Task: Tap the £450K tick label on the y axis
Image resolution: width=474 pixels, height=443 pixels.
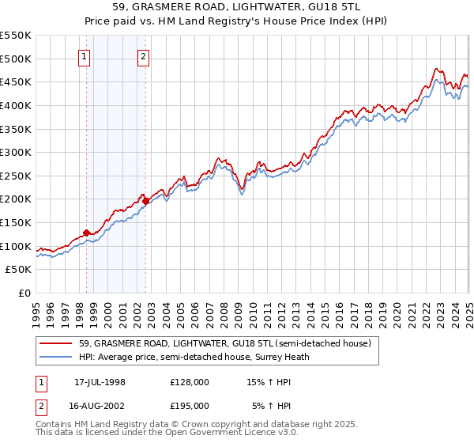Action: click(16, 82)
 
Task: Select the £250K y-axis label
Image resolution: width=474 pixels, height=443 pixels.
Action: click(16, 176)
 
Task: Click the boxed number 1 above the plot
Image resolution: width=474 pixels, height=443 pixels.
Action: click(85, 56)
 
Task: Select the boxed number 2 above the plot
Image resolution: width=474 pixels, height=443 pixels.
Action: click(143, 56)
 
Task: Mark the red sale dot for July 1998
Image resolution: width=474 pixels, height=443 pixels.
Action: click(87, 233)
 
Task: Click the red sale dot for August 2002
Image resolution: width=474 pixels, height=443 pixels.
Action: click(146, 201)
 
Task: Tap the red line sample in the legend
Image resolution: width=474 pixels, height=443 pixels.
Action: click(56, 343)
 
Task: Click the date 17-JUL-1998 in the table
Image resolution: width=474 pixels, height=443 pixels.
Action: click(100, 382)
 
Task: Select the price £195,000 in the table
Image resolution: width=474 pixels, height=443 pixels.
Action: click(190, 404)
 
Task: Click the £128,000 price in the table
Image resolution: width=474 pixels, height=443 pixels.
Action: click(190, 382)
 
